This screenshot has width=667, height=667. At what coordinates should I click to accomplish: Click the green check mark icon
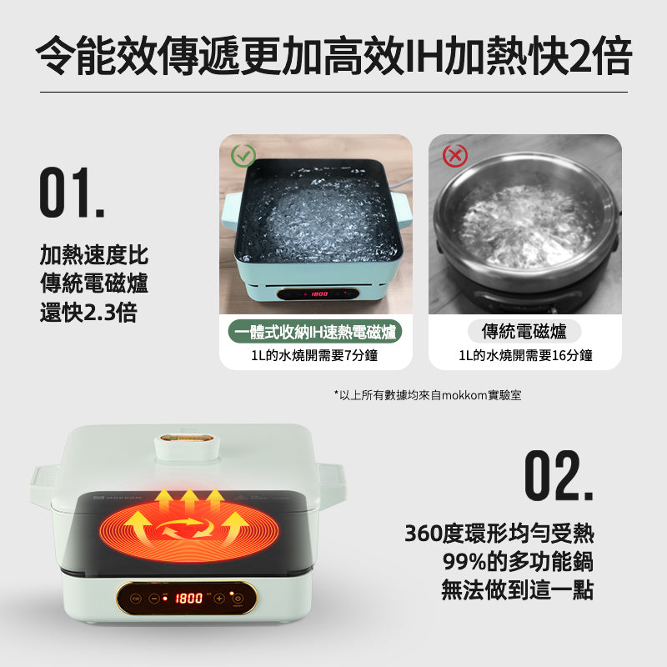[243, 155]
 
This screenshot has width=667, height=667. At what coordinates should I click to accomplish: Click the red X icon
[454, 155]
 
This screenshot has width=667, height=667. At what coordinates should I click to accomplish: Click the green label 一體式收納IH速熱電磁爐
[316, 332]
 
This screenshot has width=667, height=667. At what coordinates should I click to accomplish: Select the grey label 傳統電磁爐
[524, 332]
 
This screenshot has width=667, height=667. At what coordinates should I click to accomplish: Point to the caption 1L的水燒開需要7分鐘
[315, 356]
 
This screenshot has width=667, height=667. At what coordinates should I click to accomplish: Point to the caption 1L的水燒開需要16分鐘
[525, 356]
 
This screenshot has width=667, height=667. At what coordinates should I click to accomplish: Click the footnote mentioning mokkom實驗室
[427, 394]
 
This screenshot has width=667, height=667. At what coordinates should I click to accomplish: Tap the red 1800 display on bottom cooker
[188, 598]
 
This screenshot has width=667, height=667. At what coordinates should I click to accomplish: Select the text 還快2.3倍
[88, 313]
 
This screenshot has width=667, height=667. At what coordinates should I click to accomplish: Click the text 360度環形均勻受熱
[499, 533]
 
